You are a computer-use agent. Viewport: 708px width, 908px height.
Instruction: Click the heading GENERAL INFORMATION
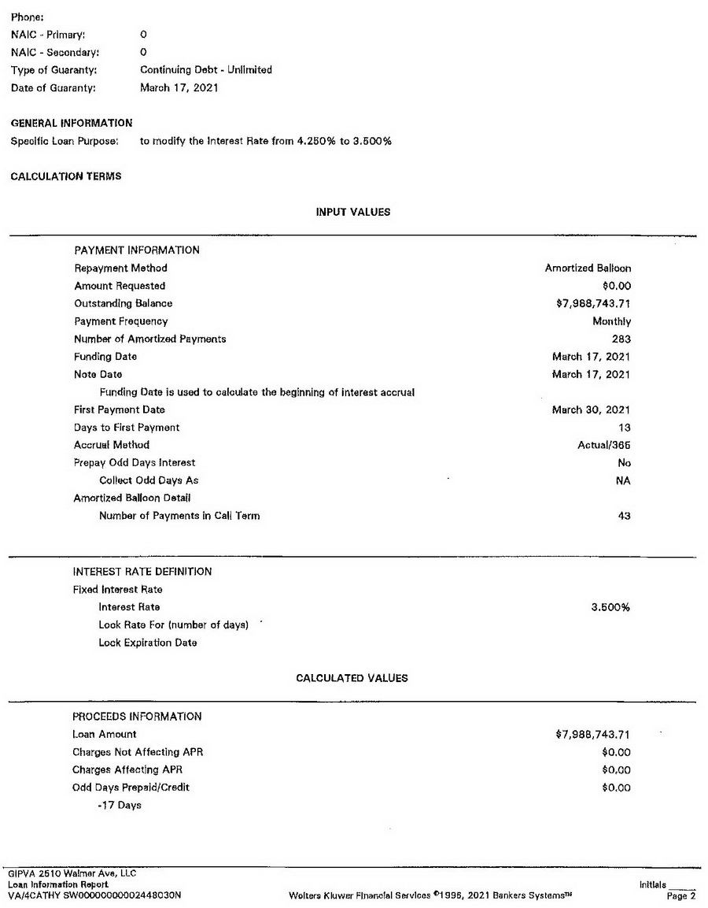pyautogui.click(x=72, y=123)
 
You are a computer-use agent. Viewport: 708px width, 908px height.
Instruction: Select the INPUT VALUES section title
pyautogui.click(x=352, y=212)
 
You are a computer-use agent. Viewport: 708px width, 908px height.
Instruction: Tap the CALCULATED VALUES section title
pyautogui.click(x=352, y=678)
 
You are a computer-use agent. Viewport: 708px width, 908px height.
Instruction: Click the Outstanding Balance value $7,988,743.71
pyautogui.click(x=593, y=304)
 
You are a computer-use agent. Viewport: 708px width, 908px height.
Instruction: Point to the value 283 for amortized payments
pyautogui.click(x=621, y=339)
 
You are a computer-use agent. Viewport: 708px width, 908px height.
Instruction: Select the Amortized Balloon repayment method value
pyautogui.click(x=588, y=269)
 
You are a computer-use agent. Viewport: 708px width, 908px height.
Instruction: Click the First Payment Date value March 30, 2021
pyautogui.click(x=591, y=410)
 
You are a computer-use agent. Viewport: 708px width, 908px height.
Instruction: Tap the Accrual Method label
pyautogui.click(x=112, y=446)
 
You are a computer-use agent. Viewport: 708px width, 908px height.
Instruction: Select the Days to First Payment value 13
pyautogui.click(x=625, y=428)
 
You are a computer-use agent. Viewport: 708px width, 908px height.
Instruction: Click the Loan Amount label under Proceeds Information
pyautogui.click(x=105, y=735)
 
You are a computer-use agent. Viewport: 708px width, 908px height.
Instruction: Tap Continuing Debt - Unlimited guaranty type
pyautogui.click(x=206, y=70)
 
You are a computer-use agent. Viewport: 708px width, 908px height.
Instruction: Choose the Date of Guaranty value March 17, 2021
pyautogui.click(x=179, y=88)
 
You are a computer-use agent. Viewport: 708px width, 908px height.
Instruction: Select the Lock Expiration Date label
pyautogui.click(x=148, y=643)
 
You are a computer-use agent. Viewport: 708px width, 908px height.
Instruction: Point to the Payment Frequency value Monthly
pyautogui.click(x=611, y=321)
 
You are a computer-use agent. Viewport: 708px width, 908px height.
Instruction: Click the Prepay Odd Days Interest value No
pyautogui.click(x=625, y=463)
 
